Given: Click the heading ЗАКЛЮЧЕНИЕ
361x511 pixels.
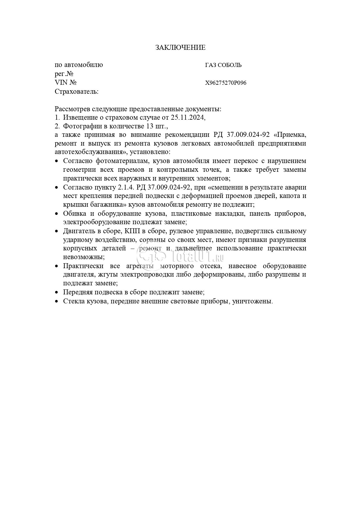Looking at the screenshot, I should [x=180, y=47].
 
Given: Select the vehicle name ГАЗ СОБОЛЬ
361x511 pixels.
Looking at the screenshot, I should [x=223, y=65].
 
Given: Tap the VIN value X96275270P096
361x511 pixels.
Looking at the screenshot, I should [x=226, y=83].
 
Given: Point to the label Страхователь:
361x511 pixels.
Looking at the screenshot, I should [x=77, y=92].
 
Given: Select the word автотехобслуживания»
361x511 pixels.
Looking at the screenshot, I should [x=92, y=152].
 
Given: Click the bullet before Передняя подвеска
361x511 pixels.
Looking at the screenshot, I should [x=57, y=292].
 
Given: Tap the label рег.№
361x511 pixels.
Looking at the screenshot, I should [x=64, y=74].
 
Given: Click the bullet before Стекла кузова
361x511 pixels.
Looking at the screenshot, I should [x=57, y=301].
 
